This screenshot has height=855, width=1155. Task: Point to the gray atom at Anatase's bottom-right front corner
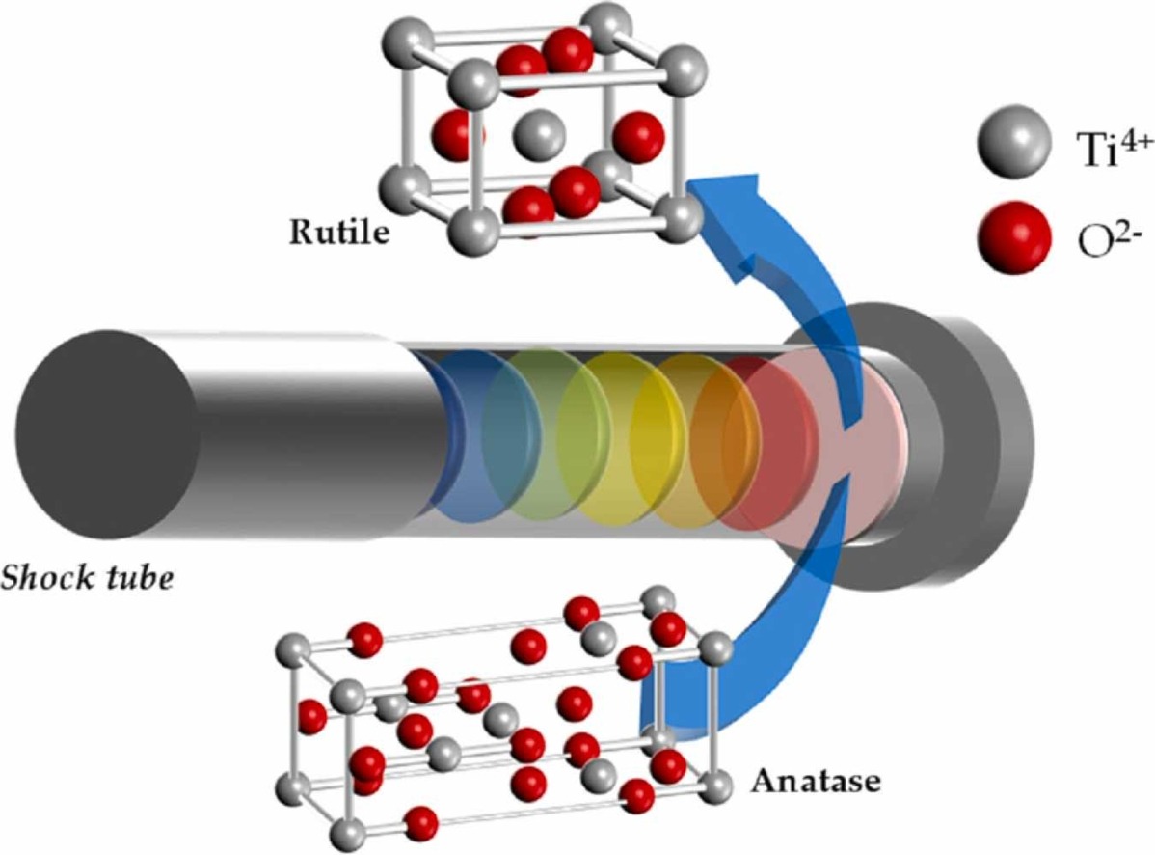click(x=714, y=787)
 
